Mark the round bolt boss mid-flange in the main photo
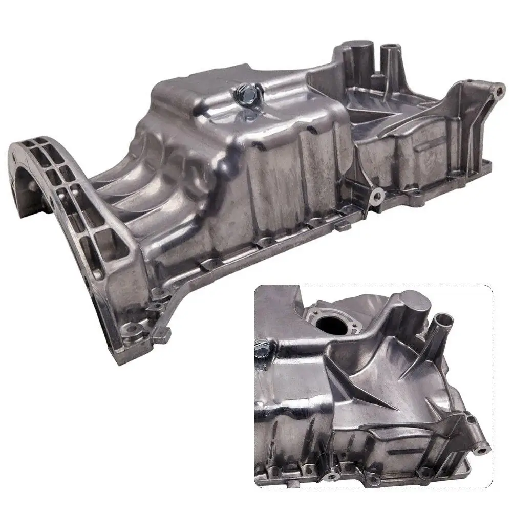pyautogui.click(x=377, y=195)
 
